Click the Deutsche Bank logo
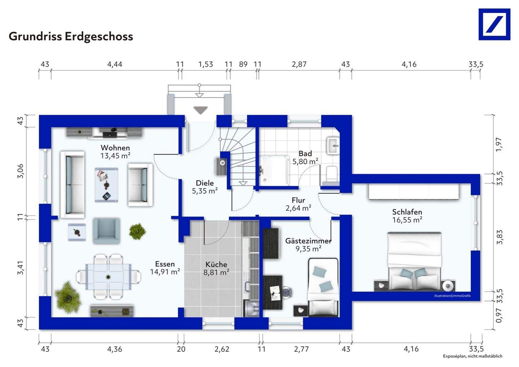coord(494,25)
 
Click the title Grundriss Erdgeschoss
coord(71,36)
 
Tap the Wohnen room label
coord(115,148)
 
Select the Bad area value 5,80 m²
coord(305,162)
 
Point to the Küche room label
coord(216,265)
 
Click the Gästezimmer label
coord(308,241)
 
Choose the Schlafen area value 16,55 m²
coord(407,220)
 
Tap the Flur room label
coord(298,200)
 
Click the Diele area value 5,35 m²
coord(205,191)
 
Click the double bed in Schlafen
coord(414,260)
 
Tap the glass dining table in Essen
coord(108,277)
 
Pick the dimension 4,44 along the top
coord(115,64)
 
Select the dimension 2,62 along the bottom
coord(222,349)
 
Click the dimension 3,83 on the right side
coord(499,237)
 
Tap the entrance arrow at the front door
coord(200,110)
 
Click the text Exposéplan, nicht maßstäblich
coord(473,356)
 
